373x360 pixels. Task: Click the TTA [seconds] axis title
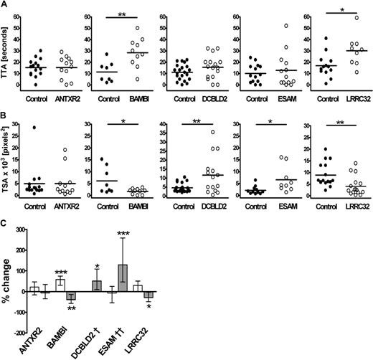(x=8, y=55)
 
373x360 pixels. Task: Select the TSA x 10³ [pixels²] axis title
(x=6, y=166)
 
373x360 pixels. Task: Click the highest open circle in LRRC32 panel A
(x=357, y=17)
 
